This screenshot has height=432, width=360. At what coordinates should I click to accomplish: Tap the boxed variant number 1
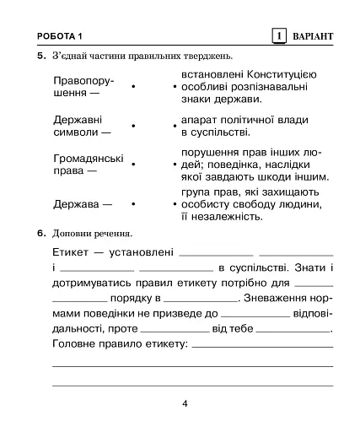pos(278,35)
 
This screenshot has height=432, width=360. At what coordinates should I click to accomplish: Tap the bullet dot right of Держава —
pos(133,204)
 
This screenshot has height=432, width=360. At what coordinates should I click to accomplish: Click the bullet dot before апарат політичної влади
pos(175,126)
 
